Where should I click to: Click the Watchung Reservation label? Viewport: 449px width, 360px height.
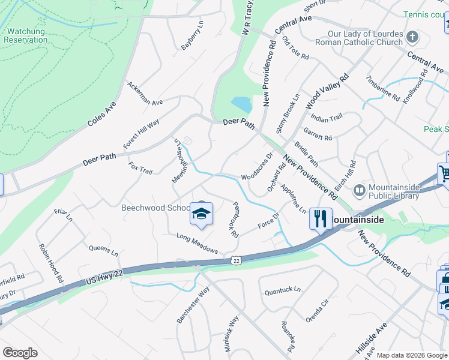[25, 35]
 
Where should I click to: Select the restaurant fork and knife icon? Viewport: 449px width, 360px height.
[321, 218]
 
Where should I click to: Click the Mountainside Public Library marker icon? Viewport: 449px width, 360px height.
[359, 191]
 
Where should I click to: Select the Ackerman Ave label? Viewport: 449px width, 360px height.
[145, 94]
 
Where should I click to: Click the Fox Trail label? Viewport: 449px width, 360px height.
[140, 167]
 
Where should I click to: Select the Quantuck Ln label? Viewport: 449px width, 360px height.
[283, 290]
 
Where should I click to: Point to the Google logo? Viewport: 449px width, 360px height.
[20, 353]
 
